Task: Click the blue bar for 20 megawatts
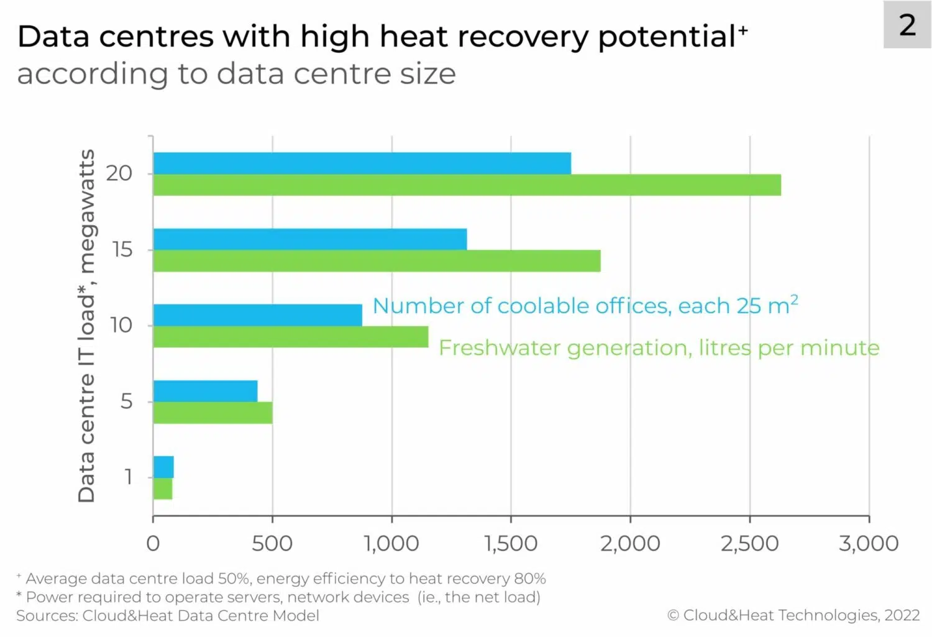[x=362, y=163]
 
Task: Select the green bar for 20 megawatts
[x=467, y=185]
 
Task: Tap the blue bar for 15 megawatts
[x=309, y=239]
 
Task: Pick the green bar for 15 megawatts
[x=377, y=261]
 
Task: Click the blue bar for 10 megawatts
[x=257, y=315]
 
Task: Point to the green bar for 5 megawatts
[x=212, y=413]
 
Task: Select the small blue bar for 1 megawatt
[x=163, y=467]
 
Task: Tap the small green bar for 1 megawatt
[x=163, y=488]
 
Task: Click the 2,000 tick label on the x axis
[x=630, y=544]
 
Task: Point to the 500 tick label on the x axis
[x=272, y=544]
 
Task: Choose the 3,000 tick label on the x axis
[x=869, y=544]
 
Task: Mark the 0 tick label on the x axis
[x=153, y=544]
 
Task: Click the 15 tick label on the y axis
[x=122, y=250]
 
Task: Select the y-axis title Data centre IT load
[x=86, y=326]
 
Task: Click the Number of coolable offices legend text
[x=585, y=306]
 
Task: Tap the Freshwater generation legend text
[x=659, y=348]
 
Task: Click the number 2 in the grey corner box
[x=907, y=25]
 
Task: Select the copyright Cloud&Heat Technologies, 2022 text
[x=793, y=615]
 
